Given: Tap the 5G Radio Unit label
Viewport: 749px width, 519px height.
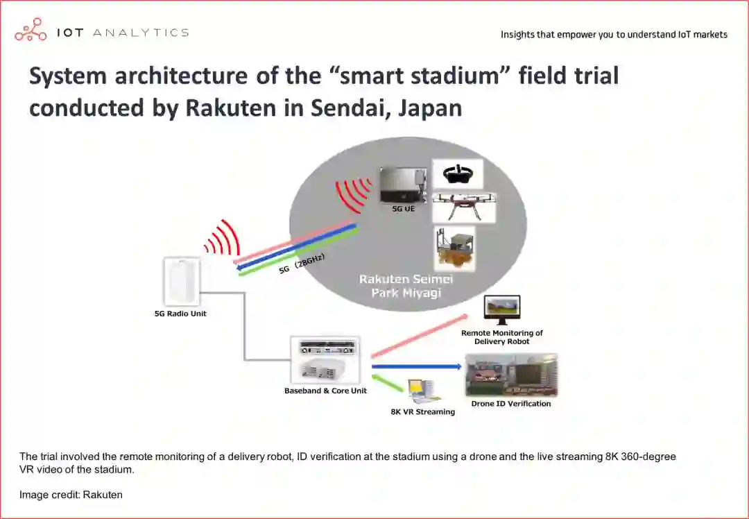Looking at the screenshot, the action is pyautogui.click(x=180, y=314).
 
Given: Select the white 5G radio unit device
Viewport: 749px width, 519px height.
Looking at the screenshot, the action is pyautogui.click(x=182, y=281).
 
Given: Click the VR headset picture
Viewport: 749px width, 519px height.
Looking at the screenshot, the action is pyautogui.click(x=458, y=174).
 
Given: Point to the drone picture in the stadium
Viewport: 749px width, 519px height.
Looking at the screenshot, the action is pyautogui.click(x=464, y=207).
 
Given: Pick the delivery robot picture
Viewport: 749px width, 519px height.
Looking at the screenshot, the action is pyautogui.click(x=454, y=248).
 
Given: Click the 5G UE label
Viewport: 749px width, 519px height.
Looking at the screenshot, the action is pyautogui.click(x=404, y=208).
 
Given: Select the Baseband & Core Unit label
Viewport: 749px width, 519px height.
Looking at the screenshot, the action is pyautogui.click(x=325, y=391).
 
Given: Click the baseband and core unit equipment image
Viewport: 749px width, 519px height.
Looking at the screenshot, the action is pyautogui.click(x=325, y=359).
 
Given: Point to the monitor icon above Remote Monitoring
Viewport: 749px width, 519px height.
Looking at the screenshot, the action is pyautogui.click(x=502, y=309).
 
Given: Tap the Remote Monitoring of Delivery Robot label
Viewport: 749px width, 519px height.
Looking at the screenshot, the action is pyautogui.click(x=502, y=337).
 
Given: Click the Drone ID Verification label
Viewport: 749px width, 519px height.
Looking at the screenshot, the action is pyautogui.click(x=511, y=404).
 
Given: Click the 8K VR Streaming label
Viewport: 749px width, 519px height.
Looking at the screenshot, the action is pyautogui.click(x=423, y=412).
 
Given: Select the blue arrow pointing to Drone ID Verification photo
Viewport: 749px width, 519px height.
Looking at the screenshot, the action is pyautogui.click(x=416, y=366).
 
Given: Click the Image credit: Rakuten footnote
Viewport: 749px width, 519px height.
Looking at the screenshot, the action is pyautogui.click(x=71, y=495).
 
